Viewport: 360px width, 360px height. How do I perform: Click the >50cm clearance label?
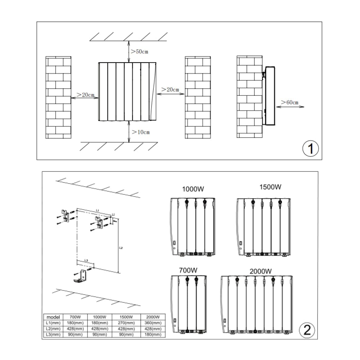point(139,52)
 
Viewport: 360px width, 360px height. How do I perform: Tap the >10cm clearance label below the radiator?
point(141,132)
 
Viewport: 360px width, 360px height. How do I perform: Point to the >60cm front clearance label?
point(290,103)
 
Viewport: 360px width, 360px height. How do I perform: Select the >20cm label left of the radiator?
point(86,95)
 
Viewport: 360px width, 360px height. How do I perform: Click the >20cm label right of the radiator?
point(170,89)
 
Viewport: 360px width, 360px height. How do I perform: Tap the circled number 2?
point(307,330)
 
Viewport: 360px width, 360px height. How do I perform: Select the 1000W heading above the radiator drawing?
point(193,189)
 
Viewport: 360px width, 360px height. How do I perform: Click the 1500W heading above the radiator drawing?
point(270,187)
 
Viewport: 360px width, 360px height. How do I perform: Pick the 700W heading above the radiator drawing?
point(188,270)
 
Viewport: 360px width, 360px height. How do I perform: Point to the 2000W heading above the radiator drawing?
point(260,271)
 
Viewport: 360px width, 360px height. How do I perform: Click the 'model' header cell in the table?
point(53,317)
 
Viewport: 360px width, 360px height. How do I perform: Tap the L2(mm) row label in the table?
point(53,329)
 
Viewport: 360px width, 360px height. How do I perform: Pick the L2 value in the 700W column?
point(75,329)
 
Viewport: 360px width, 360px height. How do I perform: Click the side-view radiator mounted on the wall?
point(269,96)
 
